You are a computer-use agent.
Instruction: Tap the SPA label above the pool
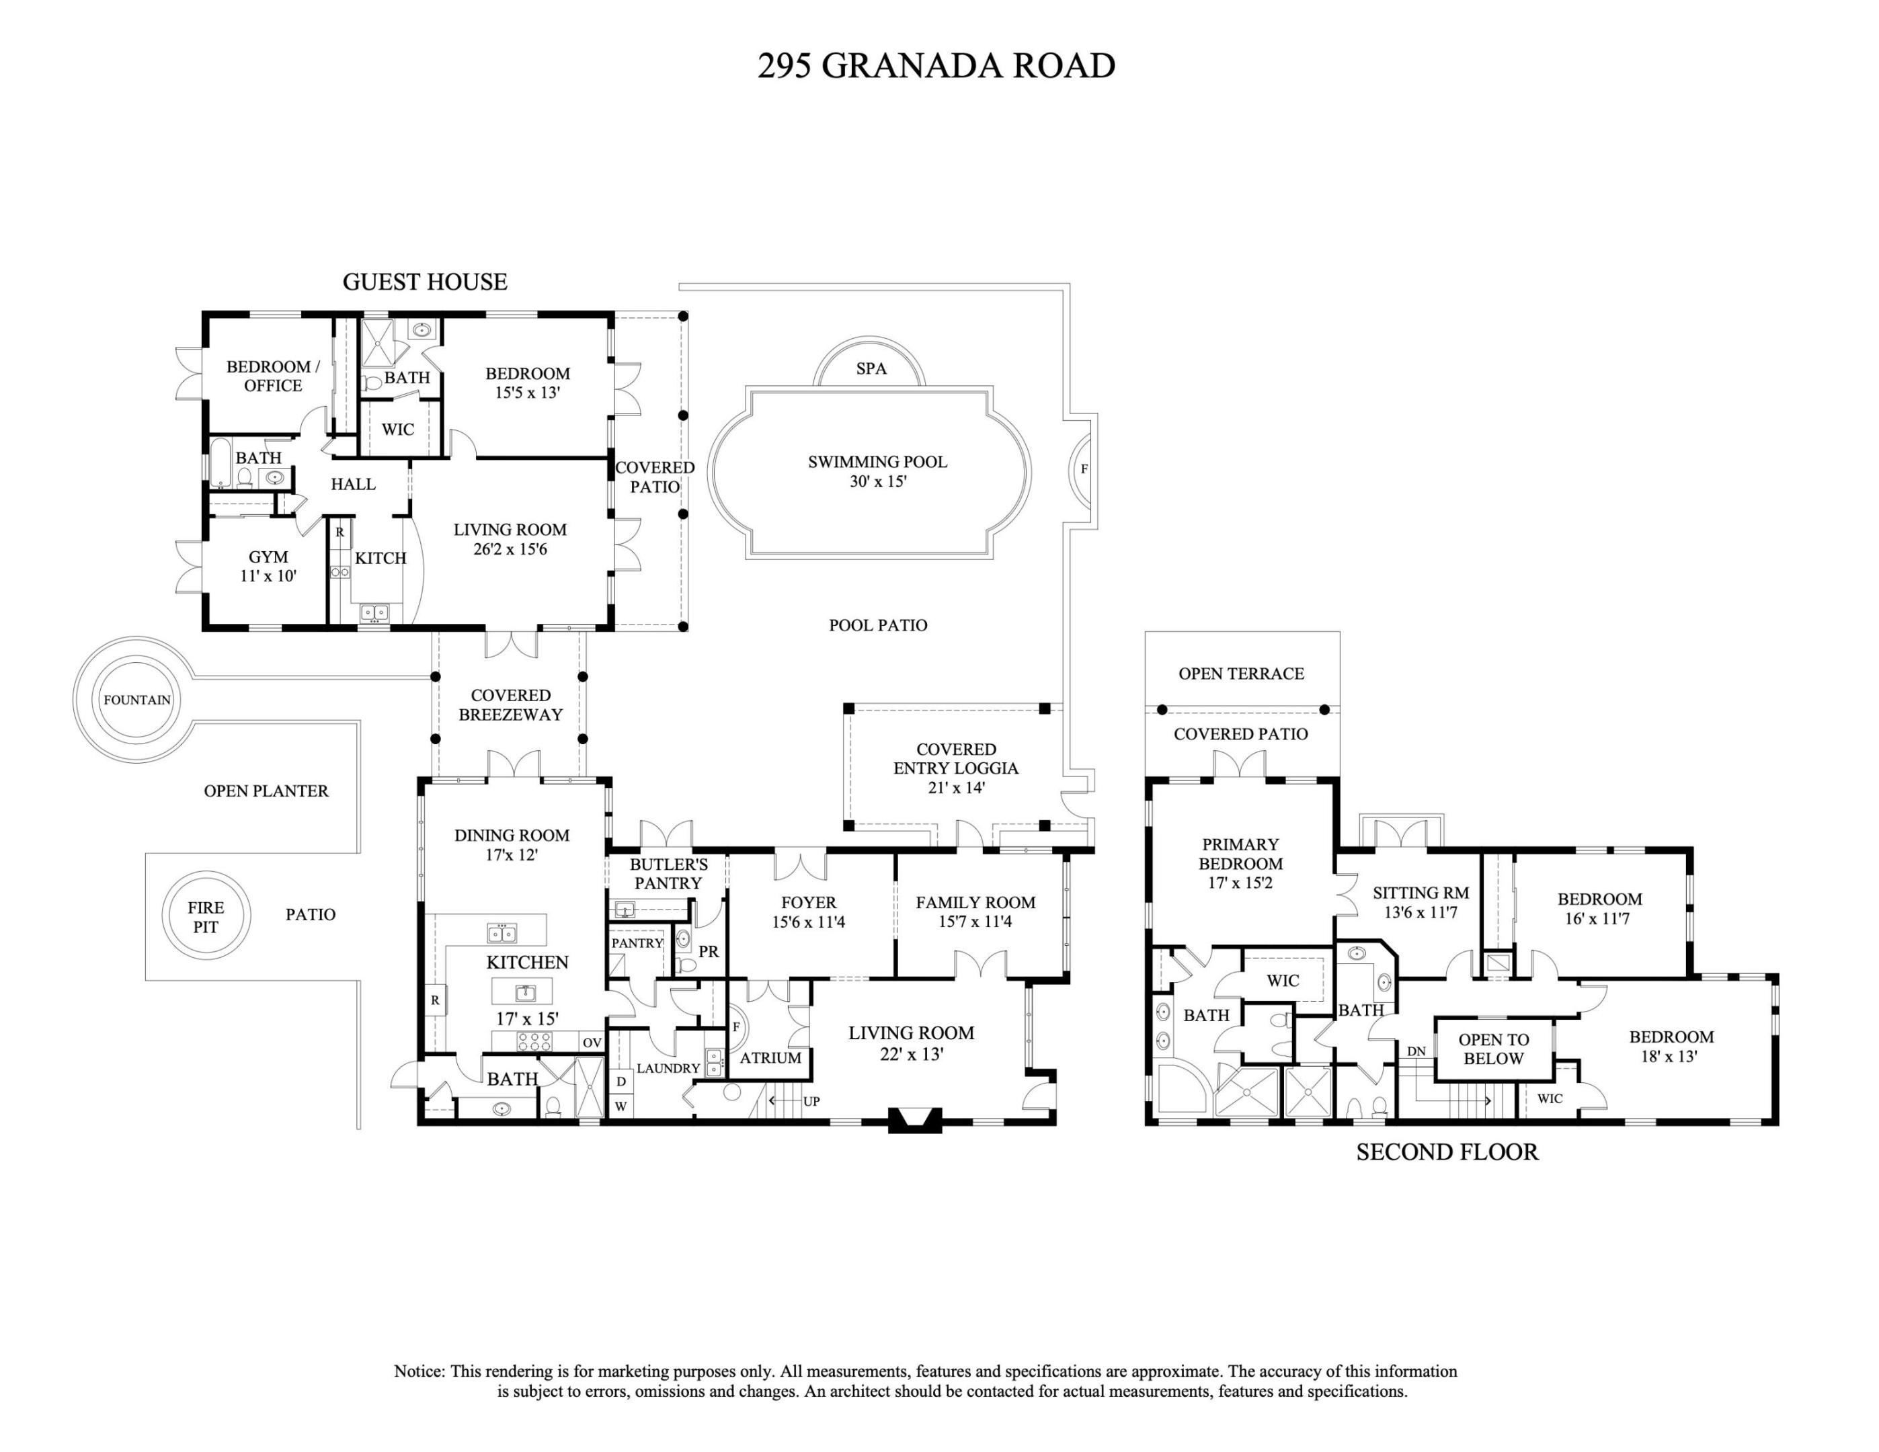click(871, 369)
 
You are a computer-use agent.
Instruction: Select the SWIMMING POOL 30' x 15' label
click(877, 471)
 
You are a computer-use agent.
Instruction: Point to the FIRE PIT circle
click(206, 917)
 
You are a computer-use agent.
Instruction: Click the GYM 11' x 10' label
click(268, 567)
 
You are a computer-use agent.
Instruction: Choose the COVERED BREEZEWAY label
click(510, 704)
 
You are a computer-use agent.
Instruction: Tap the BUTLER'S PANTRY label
click(668, 874)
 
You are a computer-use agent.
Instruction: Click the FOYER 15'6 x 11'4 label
click(808, 912)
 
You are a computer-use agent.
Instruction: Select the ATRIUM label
click(770, 1058)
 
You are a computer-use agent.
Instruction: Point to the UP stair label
click(811, 1101)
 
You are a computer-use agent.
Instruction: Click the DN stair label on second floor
click(1415, 1051)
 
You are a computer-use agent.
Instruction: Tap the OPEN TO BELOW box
click(1492, 1049)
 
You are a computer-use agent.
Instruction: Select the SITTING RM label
click(1421, 902)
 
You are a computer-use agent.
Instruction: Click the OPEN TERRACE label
click(1240, 674)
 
